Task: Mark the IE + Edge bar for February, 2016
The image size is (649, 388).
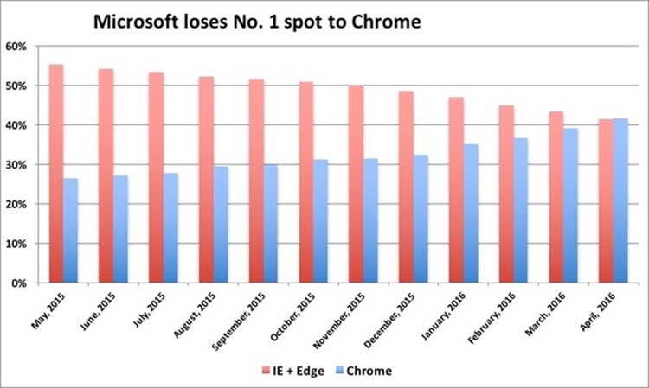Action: click(505, 194)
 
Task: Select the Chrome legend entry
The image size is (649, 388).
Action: click(366, 371)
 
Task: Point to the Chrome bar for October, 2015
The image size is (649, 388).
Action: click(321, 221)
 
